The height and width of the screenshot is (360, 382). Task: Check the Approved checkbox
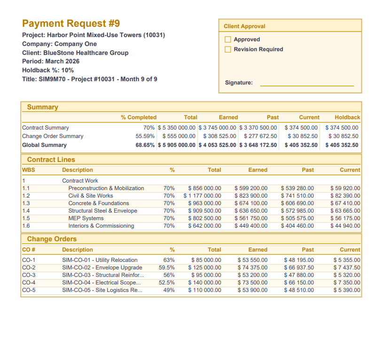click(x=228, y=39)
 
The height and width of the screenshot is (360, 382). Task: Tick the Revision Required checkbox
click(x=228, y=49)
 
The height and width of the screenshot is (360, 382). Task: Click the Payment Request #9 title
click(x=71, y=23)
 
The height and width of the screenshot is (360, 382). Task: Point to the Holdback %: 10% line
click(x=48, y=70)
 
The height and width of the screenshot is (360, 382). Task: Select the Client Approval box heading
click(x=244, y=26)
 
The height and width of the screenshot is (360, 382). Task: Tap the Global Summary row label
click(x=44, y=145)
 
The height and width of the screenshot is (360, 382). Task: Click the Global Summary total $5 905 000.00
click(x=177, y=145)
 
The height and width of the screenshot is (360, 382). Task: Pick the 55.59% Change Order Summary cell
click(x=145, y=136)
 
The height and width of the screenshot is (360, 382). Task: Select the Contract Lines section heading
click(x=51, y=160)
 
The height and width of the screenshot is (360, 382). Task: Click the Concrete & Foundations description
click(x=99, y=203)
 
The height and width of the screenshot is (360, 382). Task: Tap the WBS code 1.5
click(x=26, y=218)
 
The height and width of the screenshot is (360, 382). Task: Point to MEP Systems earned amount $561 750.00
click(x=251, y=218)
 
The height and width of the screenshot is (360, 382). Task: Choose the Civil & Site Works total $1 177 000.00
click(x=202, y=196)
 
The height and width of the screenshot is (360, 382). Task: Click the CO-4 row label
click(x=29, y=283)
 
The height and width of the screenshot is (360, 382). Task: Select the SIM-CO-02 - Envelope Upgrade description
click(x=102, y=268)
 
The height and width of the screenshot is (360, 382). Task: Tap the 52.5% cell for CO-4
click(x=167, y=283)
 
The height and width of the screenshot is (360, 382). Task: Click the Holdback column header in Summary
click(x=347, y=117)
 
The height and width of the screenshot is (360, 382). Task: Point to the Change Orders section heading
click(x=52, y=239)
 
